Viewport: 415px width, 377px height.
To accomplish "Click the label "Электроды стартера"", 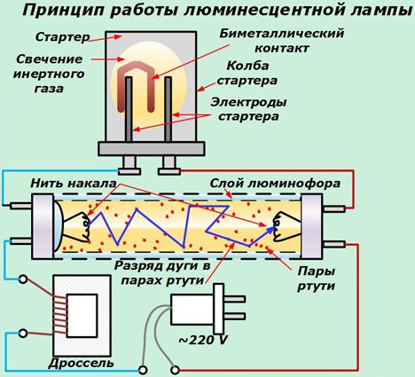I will [x=248, y=109].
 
